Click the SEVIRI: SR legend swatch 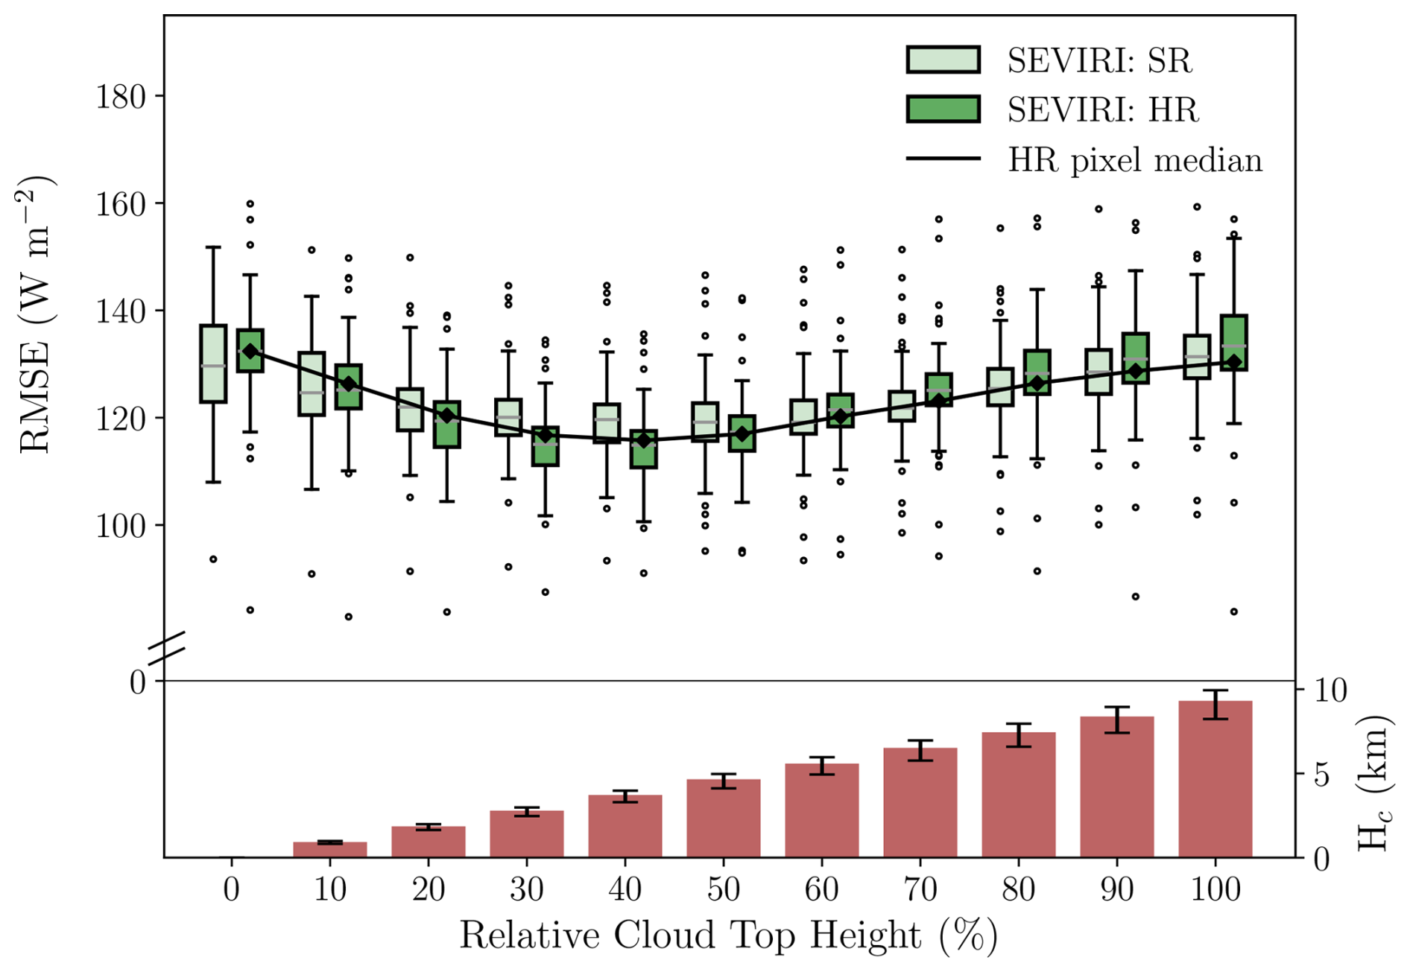pos(943,60)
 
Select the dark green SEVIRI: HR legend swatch pos(943,109)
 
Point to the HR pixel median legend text pos(1134,160)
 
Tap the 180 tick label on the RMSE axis pos(119,97)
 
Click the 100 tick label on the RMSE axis pos(119,526)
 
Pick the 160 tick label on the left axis pos(119,204)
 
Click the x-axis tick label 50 pos(724,889)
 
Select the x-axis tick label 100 pos(1215,889)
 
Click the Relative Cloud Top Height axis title pos(728,936)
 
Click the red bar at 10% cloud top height pos(330,850)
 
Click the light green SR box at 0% pos(213,364)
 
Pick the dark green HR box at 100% pos(1234,343)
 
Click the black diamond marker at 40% pos(644,441)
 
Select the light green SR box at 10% pos(312,384)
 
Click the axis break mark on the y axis pos(165,648)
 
